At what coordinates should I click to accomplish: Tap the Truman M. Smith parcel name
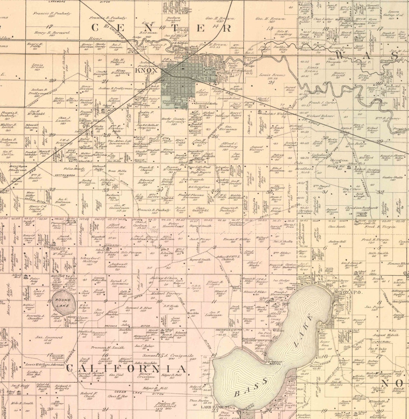click(110, 347)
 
